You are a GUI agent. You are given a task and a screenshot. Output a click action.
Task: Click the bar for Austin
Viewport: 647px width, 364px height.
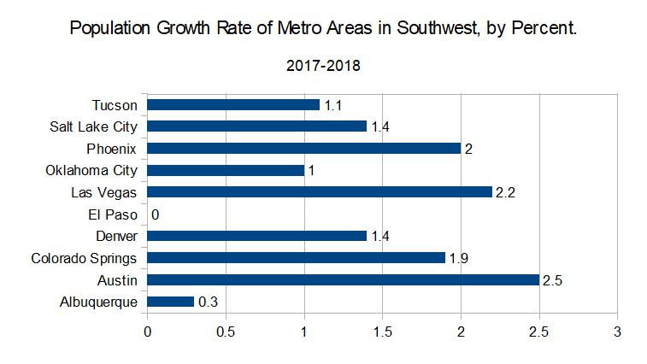tap(343, 279)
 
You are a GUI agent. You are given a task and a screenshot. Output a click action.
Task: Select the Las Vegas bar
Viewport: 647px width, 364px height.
tap(320, 192)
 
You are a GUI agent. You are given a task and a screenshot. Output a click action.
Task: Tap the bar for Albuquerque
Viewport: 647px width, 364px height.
tap(170, 301)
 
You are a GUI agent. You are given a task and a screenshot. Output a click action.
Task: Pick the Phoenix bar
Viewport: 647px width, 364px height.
tap(303, 148)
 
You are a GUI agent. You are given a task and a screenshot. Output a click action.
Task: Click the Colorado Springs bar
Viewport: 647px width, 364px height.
tap(296, 257)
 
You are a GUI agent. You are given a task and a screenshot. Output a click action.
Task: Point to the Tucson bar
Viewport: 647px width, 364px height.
tap(233, 104)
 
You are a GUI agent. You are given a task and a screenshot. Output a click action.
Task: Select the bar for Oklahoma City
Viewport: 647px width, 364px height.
tap(226, 170)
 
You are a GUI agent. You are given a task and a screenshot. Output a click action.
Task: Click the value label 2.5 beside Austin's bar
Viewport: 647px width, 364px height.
tap(553, 279)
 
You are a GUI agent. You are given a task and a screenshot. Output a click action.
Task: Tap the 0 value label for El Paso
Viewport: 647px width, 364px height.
tap(155, 214)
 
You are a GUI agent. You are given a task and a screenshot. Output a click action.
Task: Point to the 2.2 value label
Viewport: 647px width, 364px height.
tap(506, 192)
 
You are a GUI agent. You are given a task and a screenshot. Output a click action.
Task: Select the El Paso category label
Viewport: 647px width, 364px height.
tap(113, 214)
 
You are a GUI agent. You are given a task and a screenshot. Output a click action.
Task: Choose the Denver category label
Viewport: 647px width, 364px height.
tap(116, 236)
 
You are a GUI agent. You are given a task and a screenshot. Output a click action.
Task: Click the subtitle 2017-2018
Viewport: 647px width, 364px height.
tap(323, 66)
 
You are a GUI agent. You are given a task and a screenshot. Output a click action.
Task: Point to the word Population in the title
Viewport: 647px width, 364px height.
tap(109, 28)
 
